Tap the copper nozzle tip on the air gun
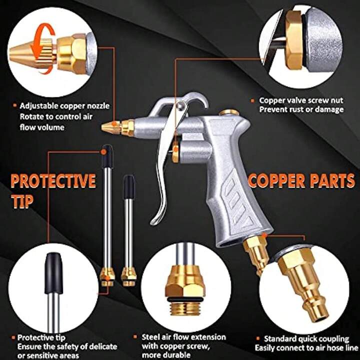pyautogui.click(x=111, y=126)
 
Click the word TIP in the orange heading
pyautogui.click(x=22, y=201)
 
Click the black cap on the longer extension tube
pyautogui.click(x=107, y=156)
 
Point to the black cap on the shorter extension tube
pyautogui.click(x=129, y=186)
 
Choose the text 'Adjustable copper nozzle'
pyautogui.click(x=64, y=106)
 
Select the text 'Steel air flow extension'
pyautogui.click(x=184, y=337)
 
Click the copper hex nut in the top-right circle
pyautogui.click(x=294, y=40)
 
